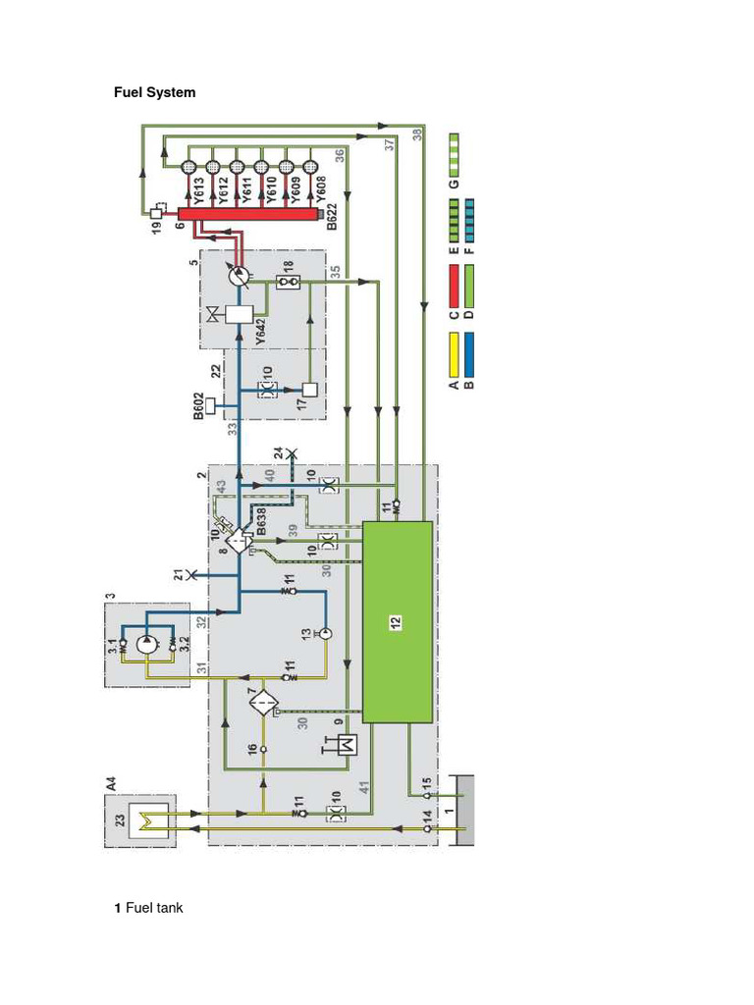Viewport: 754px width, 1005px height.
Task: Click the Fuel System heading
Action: pos(155,92)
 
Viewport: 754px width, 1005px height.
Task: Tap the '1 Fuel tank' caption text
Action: pos(148,908)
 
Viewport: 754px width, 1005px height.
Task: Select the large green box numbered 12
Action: pos(398,621)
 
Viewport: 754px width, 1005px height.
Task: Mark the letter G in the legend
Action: pos(454,182)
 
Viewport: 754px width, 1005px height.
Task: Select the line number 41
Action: pos(364,785)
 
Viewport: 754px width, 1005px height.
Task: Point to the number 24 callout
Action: pos(279,453)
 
